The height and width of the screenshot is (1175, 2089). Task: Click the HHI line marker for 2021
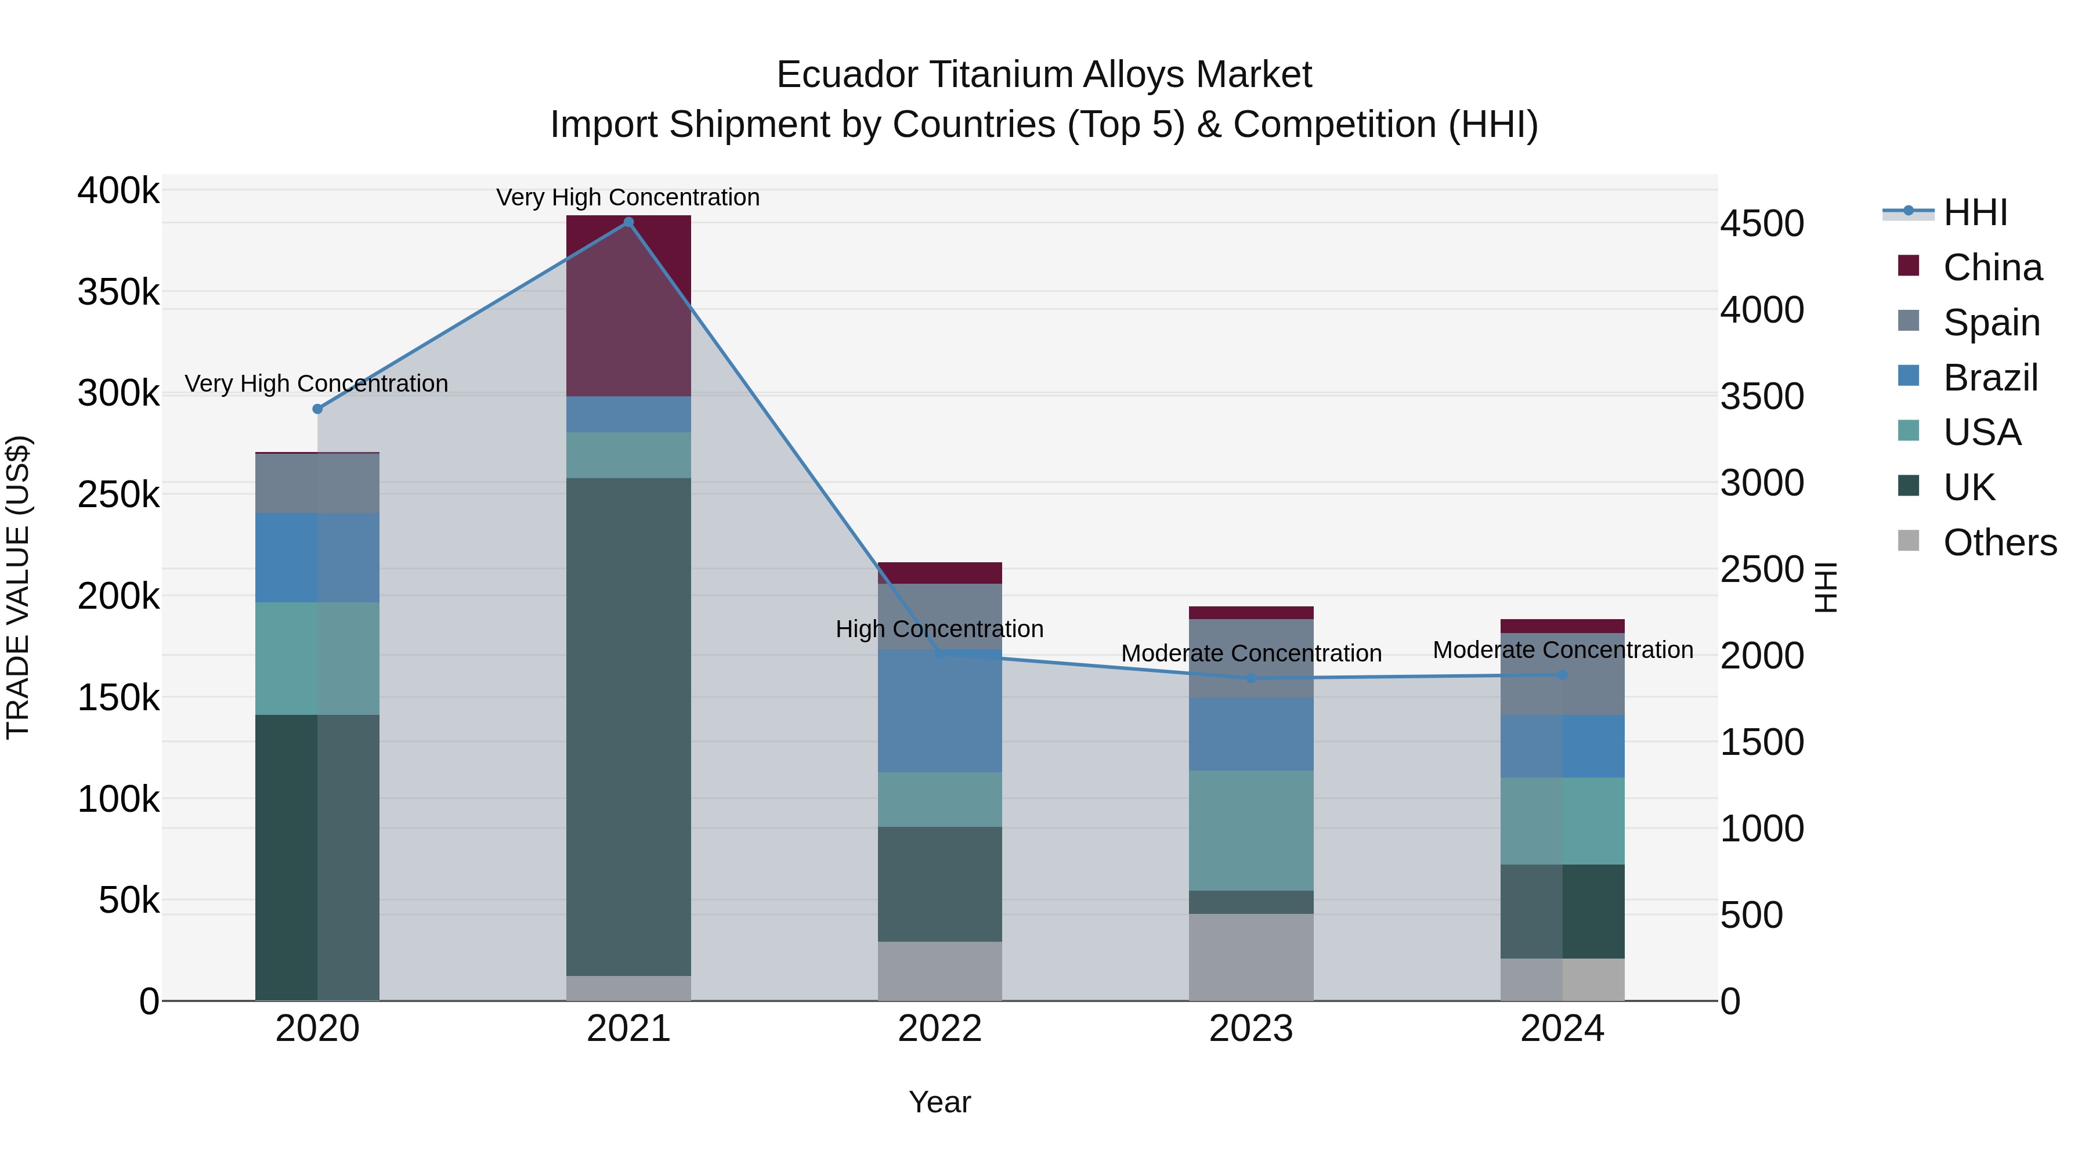point(628,222)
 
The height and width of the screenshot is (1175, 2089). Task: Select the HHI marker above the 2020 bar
point(317,408)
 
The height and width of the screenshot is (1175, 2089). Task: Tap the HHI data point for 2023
point(1251,678)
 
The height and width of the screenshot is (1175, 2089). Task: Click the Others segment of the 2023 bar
point(1251,957)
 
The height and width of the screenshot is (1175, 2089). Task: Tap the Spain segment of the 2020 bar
point(317,483)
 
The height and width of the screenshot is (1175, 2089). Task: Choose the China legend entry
point(1992,267)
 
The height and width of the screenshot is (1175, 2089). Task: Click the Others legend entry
point(1999,543)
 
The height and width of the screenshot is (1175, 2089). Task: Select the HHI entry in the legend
point(1975,212)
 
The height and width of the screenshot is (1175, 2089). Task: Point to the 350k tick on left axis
point(118,292)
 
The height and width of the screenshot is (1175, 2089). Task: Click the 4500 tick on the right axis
point(1761,224)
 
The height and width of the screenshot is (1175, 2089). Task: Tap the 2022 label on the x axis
point(940,1029)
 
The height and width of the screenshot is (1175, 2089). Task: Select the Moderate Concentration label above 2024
point(1563,650)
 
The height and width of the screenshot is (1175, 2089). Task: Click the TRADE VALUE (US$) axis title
point(18,587)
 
